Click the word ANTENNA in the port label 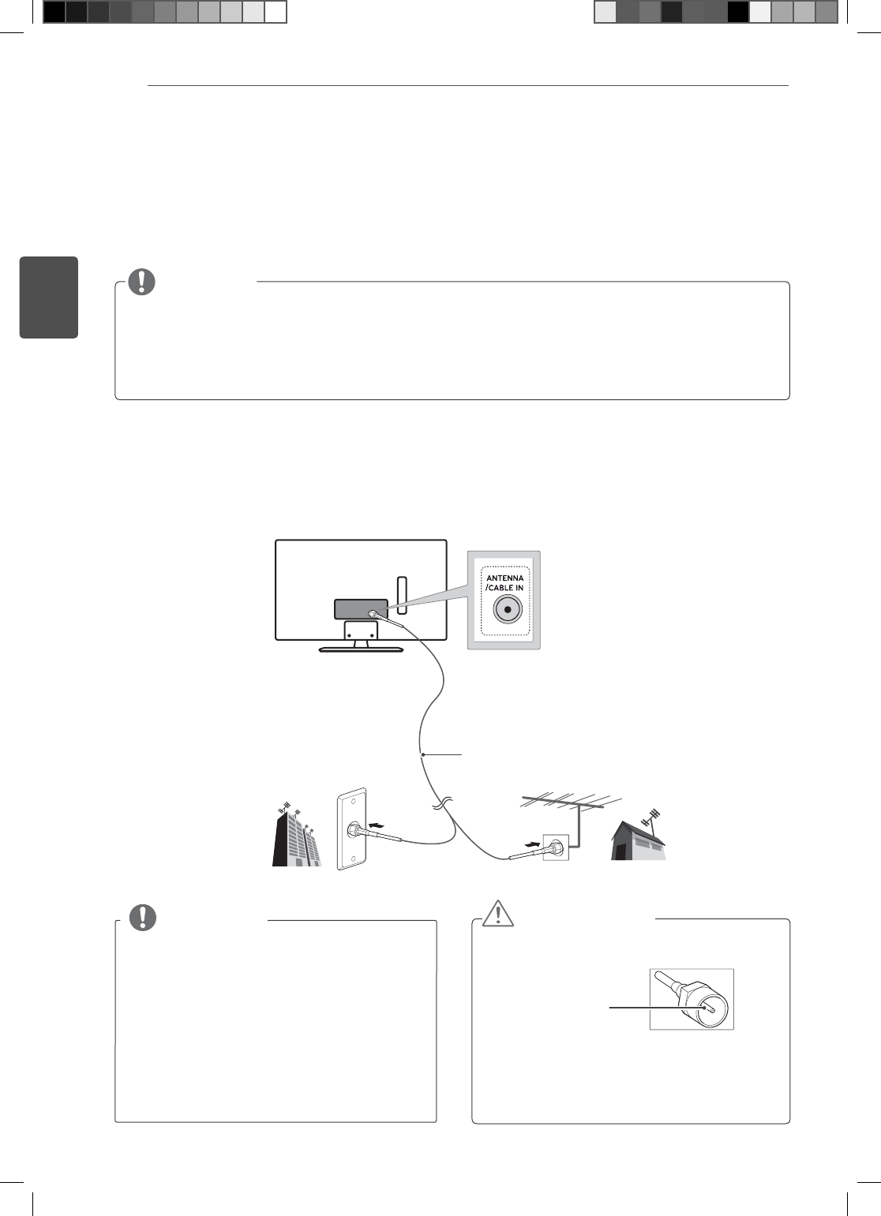(504, 578)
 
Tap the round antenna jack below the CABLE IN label (507, 609)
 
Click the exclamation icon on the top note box (142, 282)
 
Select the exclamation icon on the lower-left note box (142, 918)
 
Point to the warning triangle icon (498, 914)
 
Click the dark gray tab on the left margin (49, 297)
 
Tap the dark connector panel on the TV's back (360, 610)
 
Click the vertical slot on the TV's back (400, 594)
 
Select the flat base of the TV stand (361, 649)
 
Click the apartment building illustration (295, 837)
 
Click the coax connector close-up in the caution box (692, 999)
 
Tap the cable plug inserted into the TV (374, 614)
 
